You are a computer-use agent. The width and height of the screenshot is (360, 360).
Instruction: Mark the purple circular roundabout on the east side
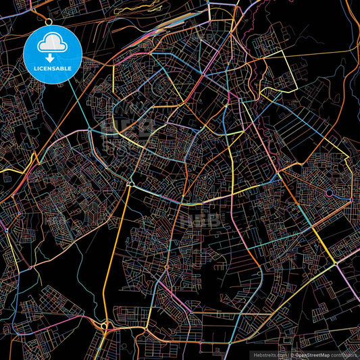point(329,194)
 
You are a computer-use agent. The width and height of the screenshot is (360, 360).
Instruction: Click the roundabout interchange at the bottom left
point(104,326)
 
